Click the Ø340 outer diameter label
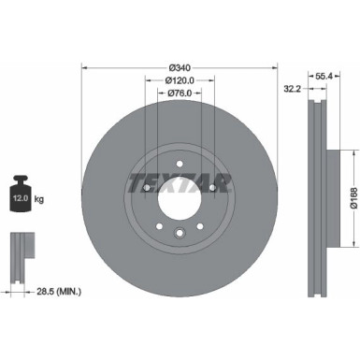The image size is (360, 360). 180,66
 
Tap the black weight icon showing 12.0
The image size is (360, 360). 22,192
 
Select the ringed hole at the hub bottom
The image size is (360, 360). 180,233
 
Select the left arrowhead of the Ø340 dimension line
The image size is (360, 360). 86,66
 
